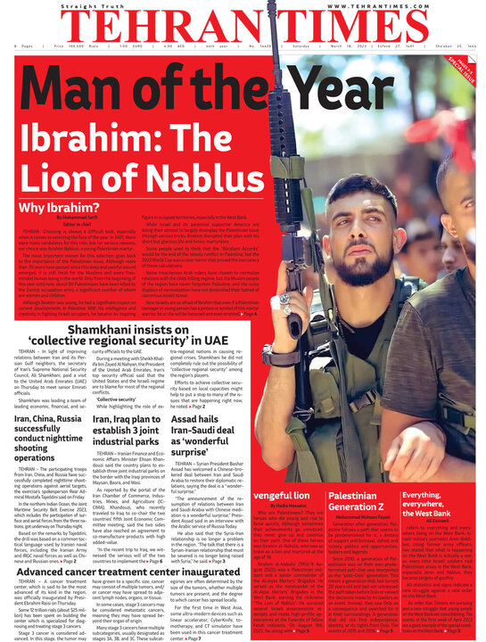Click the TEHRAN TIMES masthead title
tap(242, 26)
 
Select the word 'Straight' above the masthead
tap(77, 5)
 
